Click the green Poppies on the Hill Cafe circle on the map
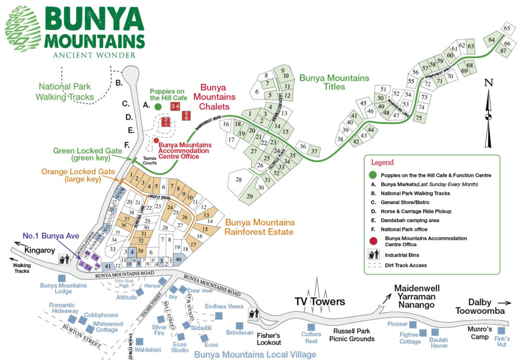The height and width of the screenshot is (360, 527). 158,106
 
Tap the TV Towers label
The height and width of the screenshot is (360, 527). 319,301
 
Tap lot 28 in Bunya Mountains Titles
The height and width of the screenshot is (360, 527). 238,180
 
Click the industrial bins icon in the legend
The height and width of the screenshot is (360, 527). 374,255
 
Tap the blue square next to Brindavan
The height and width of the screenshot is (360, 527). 239,326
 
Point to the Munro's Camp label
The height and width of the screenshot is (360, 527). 483,333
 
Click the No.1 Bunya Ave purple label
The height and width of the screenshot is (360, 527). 50,236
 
